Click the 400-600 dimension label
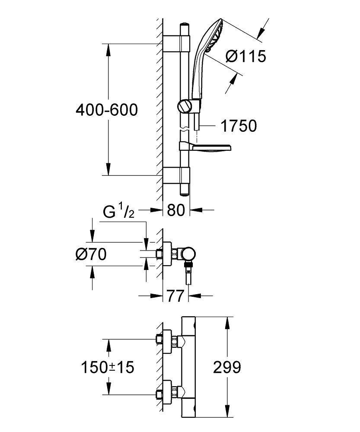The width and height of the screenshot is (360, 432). [x=106, y=110]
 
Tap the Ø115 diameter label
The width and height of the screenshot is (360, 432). [x=246, y=56]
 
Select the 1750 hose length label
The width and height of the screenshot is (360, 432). [x=238, y=126]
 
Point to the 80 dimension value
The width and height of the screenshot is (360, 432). [x=176, y=210]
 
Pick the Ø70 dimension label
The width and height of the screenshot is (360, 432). [x=91, y=255]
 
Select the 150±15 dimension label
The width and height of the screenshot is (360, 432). [x=108, y=368]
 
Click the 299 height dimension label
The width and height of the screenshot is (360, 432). [x=227, y=368]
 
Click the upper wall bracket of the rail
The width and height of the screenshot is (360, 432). [x=177, y=44]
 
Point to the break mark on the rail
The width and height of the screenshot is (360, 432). [x=185, y=129]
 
